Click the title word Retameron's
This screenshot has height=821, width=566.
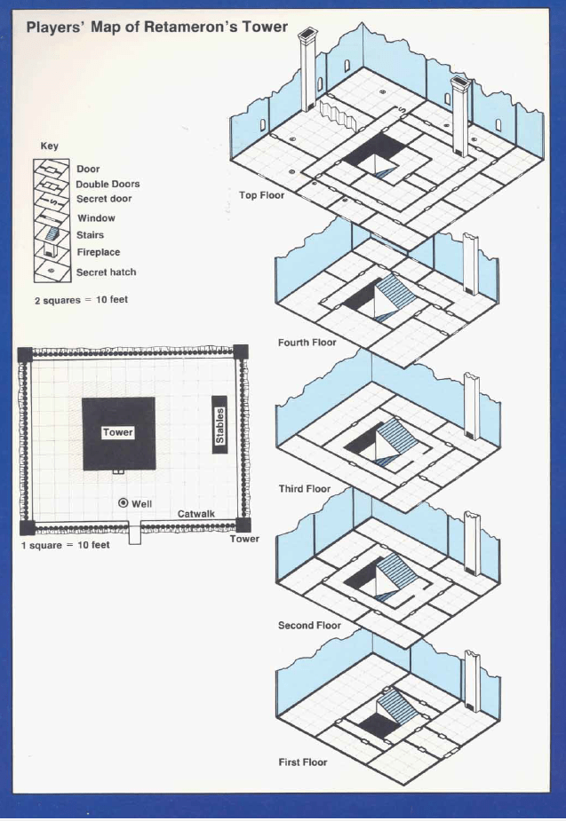(x=191, y=27)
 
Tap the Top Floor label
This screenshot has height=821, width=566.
(x=261, y=195)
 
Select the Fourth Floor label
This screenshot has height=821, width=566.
(x=307, y=343)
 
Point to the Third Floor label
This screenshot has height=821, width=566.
(x=305, y=488)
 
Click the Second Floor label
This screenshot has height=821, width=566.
(x=309, y=625)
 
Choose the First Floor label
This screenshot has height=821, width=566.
(x=303, y=762)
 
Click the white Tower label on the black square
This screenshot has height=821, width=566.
(x=118, y=432)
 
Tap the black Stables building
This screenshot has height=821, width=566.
(x=219, y=424)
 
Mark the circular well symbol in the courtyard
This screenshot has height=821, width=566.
(x=124, y=502)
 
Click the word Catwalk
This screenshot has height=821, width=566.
(x=196, y=514)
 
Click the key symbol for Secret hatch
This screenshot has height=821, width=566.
(x=52, y=272)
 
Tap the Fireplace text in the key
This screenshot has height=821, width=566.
(x=99, y=252)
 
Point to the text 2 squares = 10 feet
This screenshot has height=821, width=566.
(x=81, y=300)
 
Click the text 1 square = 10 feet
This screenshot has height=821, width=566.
(x=66, y=545)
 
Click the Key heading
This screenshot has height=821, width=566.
(x=49, y=146)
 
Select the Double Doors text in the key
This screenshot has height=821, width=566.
(x=108, y=184)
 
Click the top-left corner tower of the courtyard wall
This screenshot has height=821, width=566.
(x=25, y=354)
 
